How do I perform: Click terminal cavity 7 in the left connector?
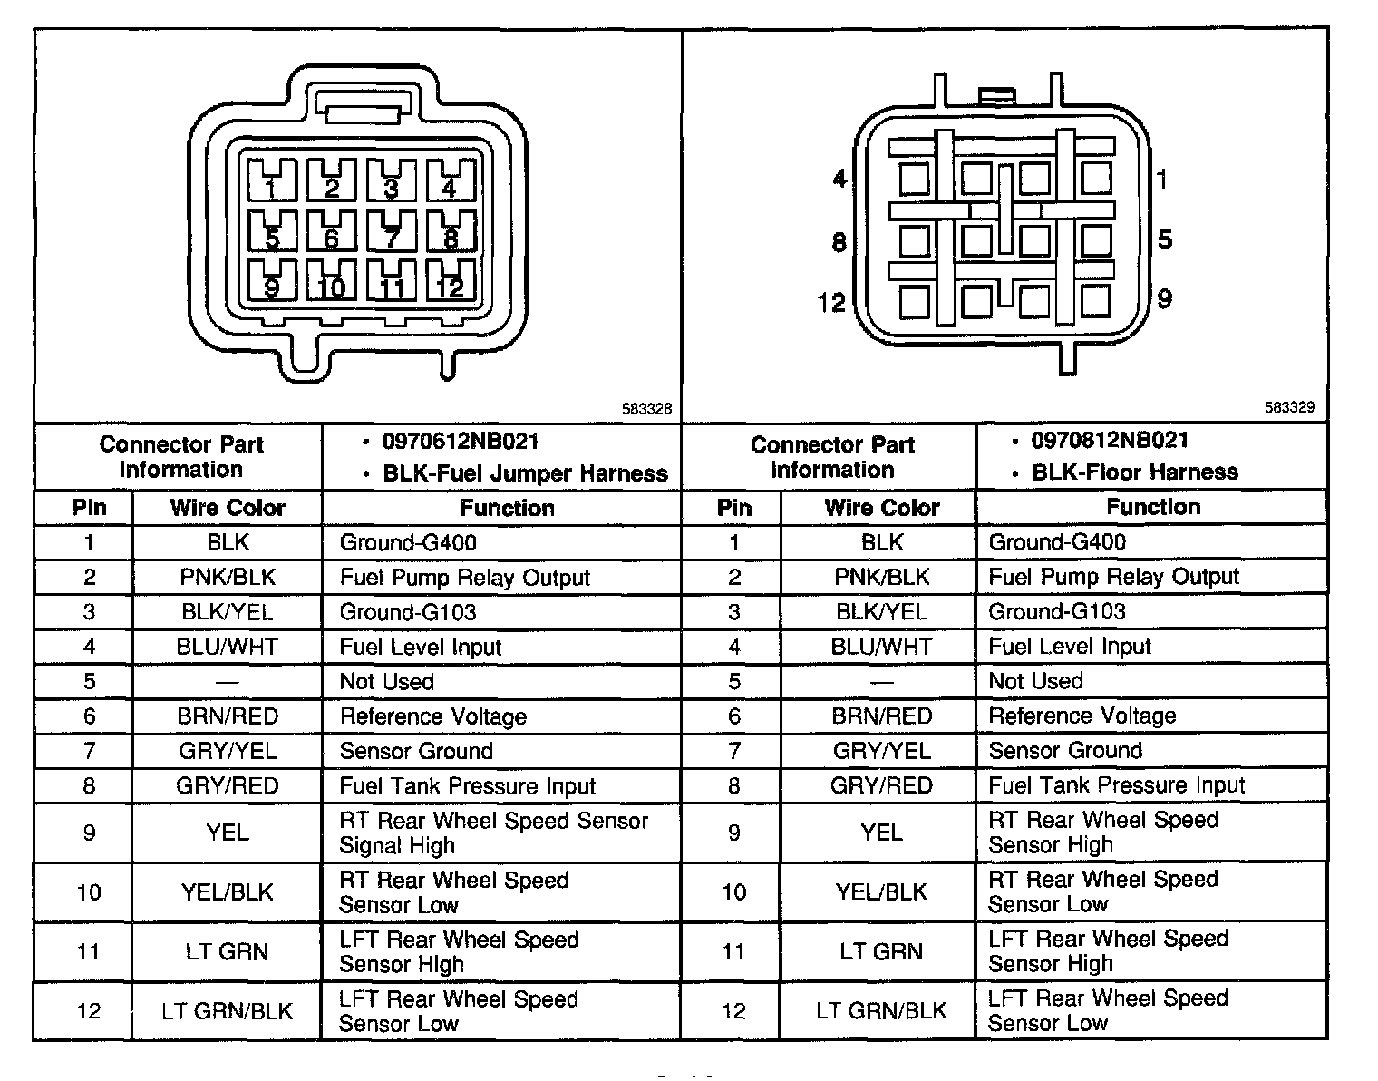pos(391,233)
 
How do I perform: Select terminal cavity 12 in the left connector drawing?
pos(451,282)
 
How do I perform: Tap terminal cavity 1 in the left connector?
pos(271,182)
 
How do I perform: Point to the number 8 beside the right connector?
pos(839,242)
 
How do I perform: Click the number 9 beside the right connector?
pos(1165,298)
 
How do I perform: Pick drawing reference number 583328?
pos(646,410)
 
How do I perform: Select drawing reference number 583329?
pos(1290,408)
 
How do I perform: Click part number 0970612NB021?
pos(461,442)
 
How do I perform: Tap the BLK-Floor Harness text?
pos(1135,472)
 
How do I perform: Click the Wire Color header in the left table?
pos(228,508)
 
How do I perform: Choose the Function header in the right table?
pos(1153,507)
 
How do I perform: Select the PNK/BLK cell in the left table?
pos(228,578)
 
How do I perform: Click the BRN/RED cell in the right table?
pos(882,716)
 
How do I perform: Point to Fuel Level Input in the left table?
pos(421,648)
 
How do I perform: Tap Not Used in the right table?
pos(1035,681)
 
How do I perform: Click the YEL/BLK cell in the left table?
pos(228,892)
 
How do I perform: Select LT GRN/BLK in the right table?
pos(882,1010)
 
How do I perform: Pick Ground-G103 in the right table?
pos(1057,611)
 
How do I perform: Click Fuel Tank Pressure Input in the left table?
pos(468,786)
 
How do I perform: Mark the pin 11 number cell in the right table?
pos(734,951)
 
